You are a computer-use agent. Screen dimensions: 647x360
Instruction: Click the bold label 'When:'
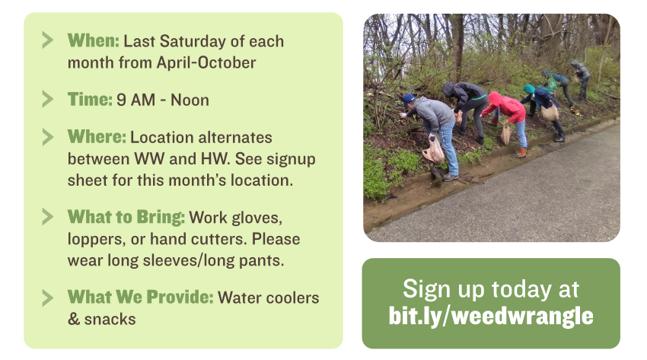[x=94, y=41]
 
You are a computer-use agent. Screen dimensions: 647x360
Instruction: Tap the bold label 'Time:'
[x=90, y=100]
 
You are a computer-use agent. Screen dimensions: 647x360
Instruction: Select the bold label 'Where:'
[x=97, y=137]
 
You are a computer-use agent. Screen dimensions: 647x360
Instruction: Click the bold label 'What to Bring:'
[x=126, y=218]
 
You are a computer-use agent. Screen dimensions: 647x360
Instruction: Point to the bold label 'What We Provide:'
[x=141, y=298]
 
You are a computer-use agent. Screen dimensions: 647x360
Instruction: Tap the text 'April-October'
[x=206, y=62]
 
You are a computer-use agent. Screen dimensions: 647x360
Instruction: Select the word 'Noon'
[x=190, y=100]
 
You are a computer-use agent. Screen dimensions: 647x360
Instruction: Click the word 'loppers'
[x=96, y=240]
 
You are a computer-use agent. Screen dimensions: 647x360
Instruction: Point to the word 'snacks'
[x=110, y=319]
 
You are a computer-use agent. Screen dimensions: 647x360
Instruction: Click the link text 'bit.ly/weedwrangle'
[x=491, y=317]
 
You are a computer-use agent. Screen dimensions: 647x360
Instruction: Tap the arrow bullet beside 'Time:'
[x=48, y=100]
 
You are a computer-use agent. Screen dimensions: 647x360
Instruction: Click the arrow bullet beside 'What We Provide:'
[x=48, y=298]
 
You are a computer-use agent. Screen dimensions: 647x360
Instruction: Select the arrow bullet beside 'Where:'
[x=48, y=137]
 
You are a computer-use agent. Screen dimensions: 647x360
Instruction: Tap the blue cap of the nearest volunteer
[x=408, y=98]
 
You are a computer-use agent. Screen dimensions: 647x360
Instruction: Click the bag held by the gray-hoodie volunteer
[x=434, y=151]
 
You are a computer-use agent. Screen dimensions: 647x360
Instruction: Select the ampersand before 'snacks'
[x=74, y=319]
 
